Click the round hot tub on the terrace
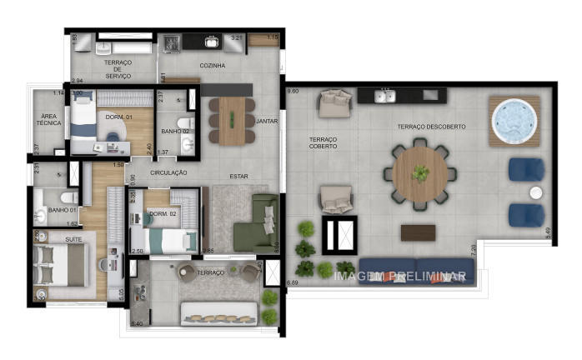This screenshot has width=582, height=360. tap(514, 122)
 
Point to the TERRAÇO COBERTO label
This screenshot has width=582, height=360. tap(323, 142)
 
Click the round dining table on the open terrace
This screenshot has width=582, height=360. tap(420, 174)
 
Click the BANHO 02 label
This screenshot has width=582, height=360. tap(176, 132)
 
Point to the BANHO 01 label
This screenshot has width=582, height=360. tap(63, 210)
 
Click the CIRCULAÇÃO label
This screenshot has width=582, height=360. tap(168, 172)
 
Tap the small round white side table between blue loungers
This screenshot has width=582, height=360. tap(536, 192)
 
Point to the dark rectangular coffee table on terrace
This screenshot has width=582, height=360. tap(418, 232)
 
